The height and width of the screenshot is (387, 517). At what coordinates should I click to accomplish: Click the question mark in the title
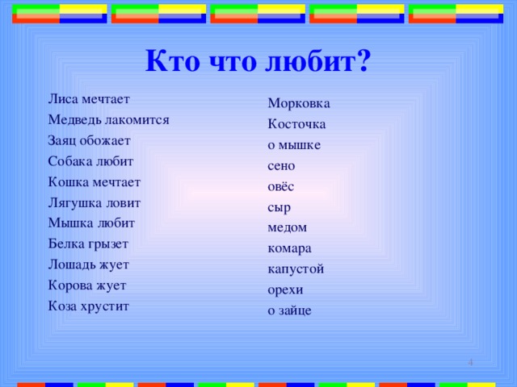pos(363,60)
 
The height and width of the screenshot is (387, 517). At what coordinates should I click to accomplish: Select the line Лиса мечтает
pos(89,99)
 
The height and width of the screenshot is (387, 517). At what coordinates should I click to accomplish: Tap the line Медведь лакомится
pos(108,120)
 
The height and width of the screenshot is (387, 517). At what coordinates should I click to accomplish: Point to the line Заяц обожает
pos(89,140)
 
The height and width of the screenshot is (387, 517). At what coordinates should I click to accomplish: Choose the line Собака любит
pos(90,161)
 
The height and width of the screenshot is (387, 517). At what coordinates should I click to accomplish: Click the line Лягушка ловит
pos(94,202)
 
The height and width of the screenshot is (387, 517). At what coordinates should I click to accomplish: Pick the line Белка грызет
pos(88,243)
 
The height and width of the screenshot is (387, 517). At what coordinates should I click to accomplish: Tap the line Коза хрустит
pos(88,306)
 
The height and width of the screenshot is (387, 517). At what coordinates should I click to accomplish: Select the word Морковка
pos(298,104)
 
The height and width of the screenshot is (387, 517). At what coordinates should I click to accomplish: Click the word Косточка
pos(296,125)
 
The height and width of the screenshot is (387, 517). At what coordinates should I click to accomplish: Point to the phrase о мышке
pos(294,146)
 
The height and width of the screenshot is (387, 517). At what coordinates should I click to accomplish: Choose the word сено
pos(281,166)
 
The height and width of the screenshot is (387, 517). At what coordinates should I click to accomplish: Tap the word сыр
pos(279,207)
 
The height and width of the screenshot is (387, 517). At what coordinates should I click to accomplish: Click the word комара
pos(289,248)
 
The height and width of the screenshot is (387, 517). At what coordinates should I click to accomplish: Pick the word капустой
pos(296,269)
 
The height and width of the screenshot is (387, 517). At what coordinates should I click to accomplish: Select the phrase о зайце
pos(289,310)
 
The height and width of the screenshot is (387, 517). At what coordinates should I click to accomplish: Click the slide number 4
pos(470,365)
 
